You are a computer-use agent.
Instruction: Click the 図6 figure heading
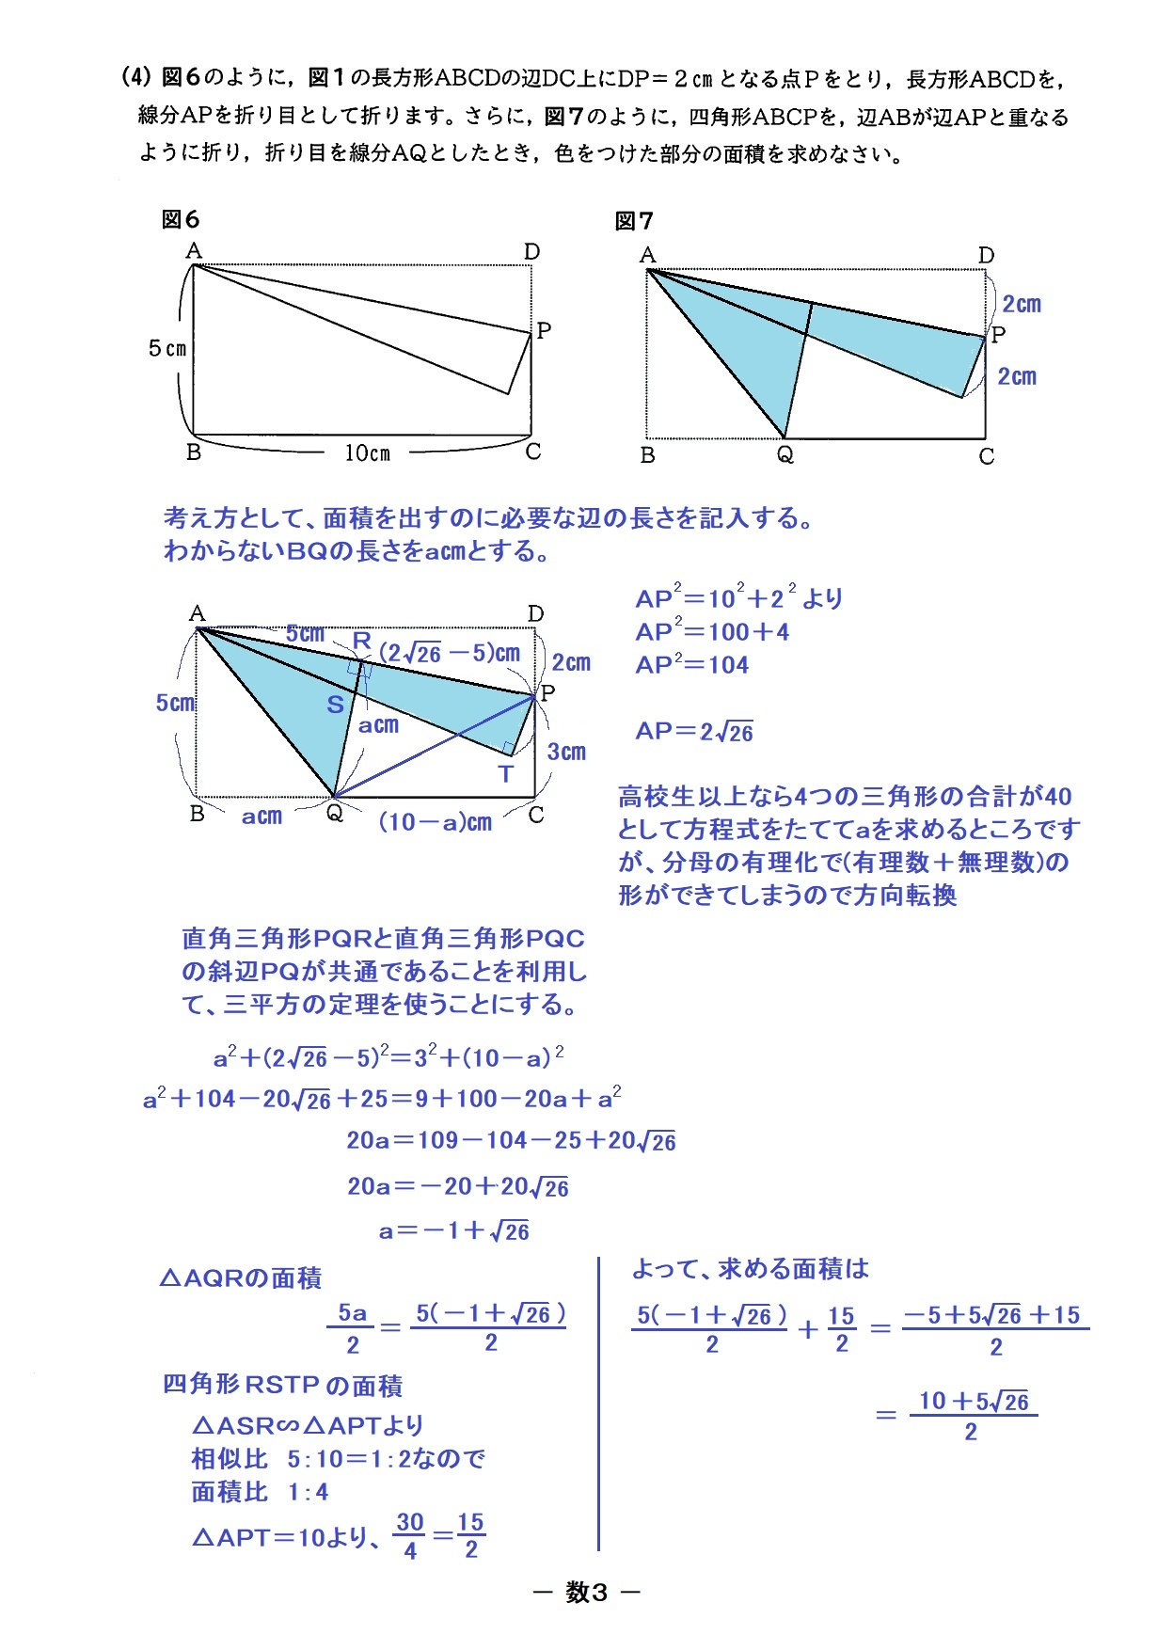tap(181, 220)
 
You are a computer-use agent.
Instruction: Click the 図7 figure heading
tap(633, 221)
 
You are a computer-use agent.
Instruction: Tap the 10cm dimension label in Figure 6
tap(367, 453)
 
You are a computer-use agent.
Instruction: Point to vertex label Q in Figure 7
tap(785, 455)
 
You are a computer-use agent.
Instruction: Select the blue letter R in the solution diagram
tap(361, 641)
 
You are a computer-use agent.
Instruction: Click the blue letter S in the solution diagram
tap(335, 705)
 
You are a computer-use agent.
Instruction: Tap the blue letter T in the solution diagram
tap(506, 774)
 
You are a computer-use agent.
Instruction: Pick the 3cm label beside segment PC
tap(566, 752)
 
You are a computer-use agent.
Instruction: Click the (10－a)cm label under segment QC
tap(435, 822)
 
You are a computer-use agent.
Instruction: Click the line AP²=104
tap(691, 665)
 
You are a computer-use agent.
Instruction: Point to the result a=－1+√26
tap(453, 1231)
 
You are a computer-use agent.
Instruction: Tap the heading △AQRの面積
tap(241, 1278)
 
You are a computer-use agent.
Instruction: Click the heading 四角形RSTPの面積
tap(282, 1386)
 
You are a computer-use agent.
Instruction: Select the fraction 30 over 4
tap(410, 1536)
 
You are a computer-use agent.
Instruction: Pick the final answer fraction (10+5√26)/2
tap(973, 1416)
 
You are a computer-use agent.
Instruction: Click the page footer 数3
tap(586, 1592)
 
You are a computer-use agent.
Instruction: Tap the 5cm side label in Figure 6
tap(167, 349)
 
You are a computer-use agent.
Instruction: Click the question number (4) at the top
tap(136, 77)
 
